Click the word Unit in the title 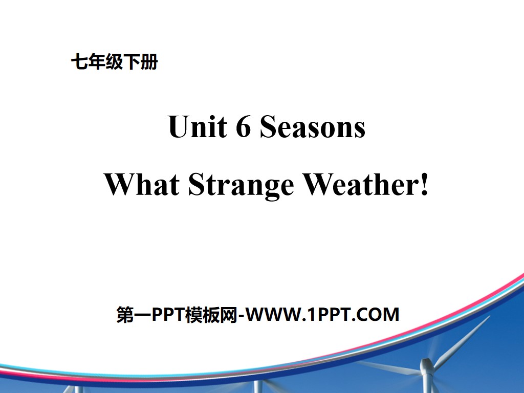point(197,128)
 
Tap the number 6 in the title point(243,128)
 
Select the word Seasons point(313,128)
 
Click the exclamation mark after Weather point(423,185)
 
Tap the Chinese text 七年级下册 point(114,63)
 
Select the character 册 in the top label point(150,63)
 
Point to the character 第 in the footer point(125,314)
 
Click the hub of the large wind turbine point(426,365)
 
